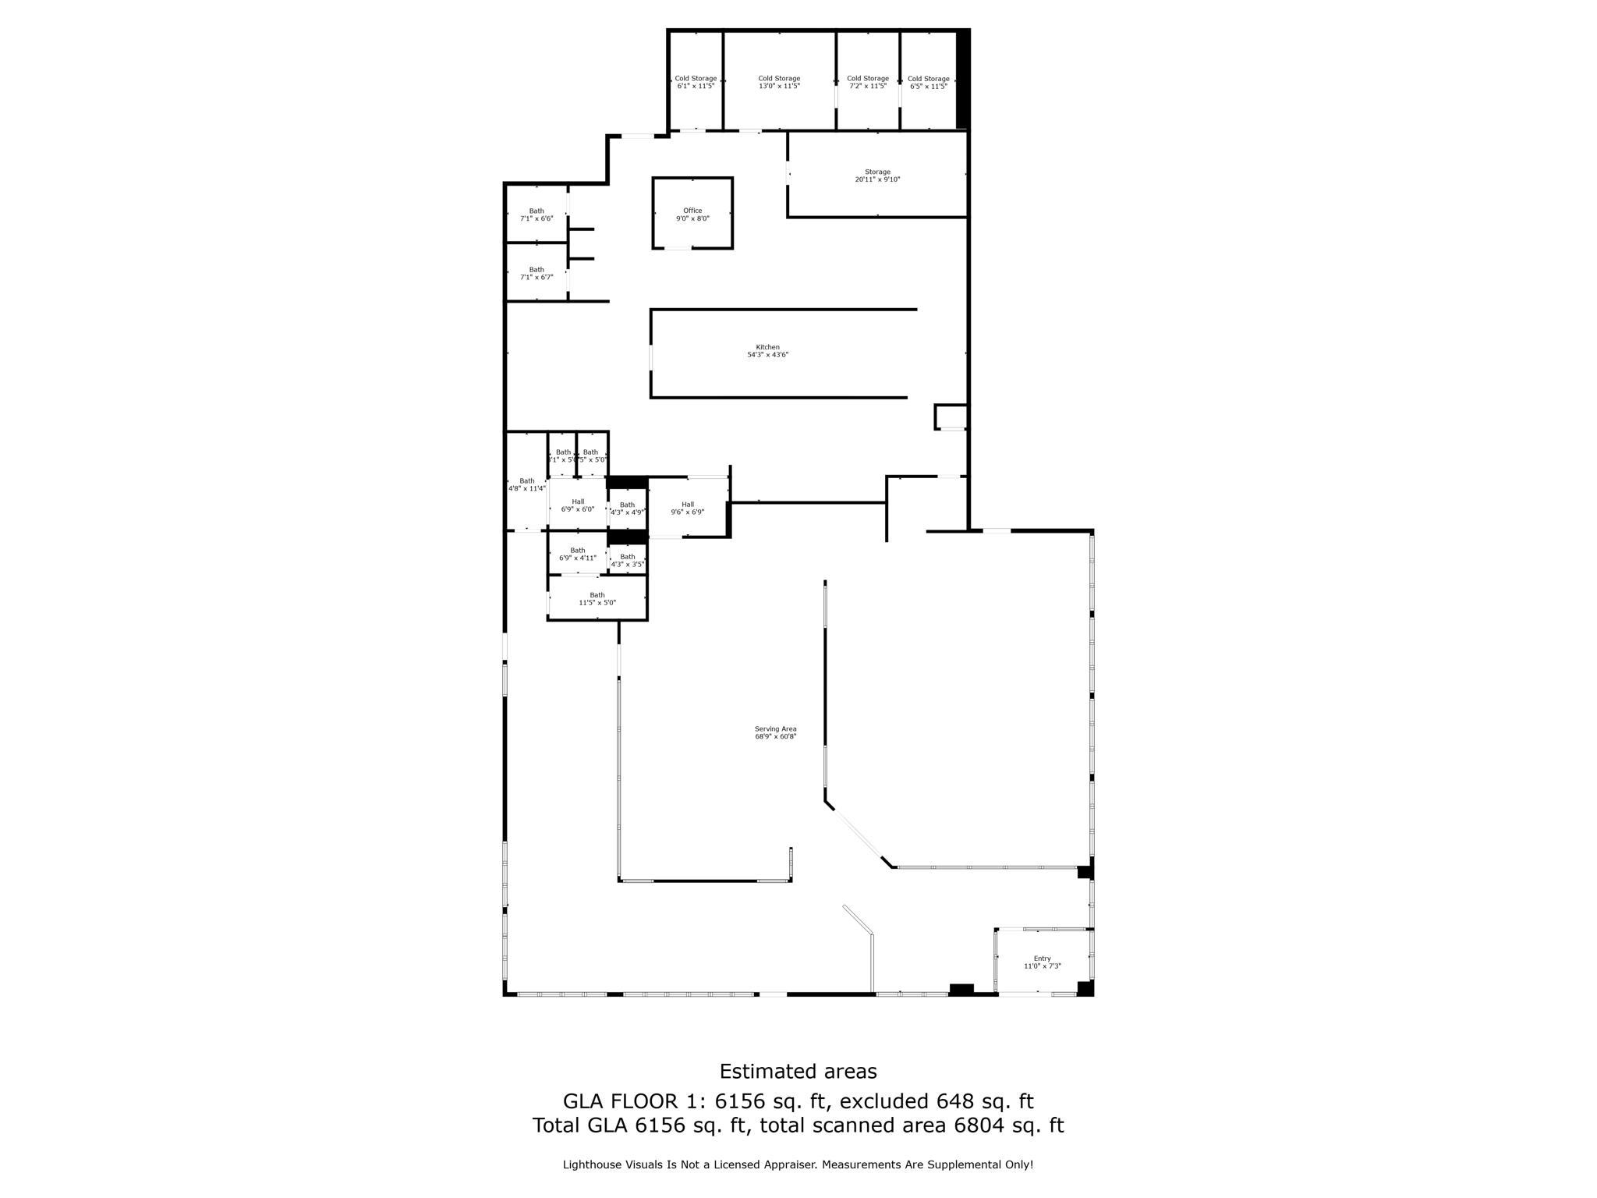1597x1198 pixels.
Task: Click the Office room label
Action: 692,214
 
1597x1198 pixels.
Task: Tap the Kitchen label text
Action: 767,351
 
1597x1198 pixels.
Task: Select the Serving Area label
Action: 775,732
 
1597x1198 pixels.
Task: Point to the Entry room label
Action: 1042,962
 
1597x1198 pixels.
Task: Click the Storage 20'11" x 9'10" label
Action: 877,175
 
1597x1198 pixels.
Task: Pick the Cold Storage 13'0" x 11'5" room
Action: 779,82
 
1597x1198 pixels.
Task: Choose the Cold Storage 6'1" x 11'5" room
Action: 696,82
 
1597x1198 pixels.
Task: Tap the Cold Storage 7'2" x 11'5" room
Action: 867,82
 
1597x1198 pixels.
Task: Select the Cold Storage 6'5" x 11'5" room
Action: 928,82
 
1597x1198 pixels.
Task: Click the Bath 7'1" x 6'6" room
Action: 536,214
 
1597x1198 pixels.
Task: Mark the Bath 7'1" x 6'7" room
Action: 536,273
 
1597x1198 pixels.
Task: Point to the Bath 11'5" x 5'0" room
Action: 597,599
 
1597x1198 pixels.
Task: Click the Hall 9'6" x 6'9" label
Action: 687,509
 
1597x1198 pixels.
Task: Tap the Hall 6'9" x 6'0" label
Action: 577,505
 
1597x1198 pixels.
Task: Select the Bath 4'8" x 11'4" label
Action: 526,484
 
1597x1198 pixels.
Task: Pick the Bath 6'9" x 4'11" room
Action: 577,554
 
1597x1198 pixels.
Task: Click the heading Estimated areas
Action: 798,1071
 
